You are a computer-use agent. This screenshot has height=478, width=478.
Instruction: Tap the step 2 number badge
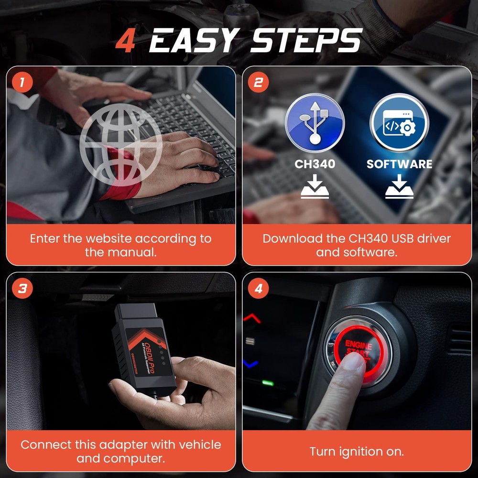coord(258,82)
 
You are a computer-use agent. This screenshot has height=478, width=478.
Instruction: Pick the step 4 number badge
coord(258,289)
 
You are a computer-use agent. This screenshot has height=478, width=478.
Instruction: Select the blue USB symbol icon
coord(315,122)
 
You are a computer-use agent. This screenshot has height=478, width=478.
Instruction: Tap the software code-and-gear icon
coord(399,122)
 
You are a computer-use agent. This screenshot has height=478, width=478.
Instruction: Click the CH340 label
coord(315,164)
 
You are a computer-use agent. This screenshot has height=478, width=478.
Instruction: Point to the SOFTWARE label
coord(399,164)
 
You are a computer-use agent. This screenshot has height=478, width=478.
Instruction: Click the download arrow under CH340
coord(315,188)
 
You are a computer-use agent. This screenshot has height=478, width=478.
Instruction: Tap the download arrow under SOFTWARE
coord(399,188)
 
